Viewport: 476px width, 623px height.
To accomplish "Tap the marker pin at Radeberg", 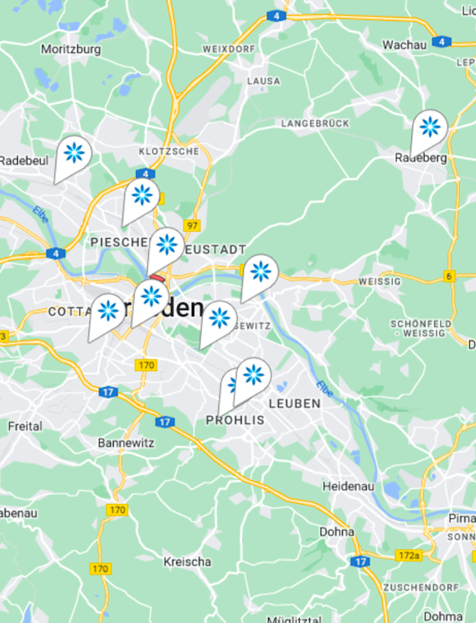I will coord(429,129).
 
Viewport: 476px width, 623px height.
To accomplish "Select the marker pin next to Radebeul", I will coord(74,154).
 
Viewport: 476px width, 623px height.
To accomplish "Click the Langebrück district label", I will coord(315,122).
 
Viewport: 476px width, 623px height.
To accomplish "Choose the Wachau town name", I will coord(405,45).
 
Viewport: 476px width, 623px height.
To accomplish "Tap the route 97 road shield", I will coord(193,226).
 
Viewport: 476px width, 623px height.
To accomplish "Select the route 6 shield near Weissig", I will coord(450,276).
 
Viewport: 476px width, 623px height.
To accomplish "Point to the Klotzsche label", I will coord(169,151).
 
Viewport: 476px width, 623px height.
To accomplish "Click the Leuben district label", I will coord(295,403).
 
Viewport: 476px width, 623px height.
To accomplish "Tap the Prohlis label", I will coord(235,421).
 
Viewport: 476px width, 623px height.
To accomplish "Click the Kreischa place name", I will coord(187,562).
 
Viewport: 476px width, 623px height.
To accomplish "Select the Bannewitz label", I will coord(126,443).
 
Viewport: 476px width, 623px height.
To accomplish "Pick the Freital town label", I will coord(25,427).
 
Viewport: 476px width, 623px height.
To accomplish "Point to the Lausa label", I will coord(264,80).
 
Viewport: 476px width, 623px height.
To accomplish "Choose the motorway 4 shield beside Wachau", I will coord(442,41).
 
